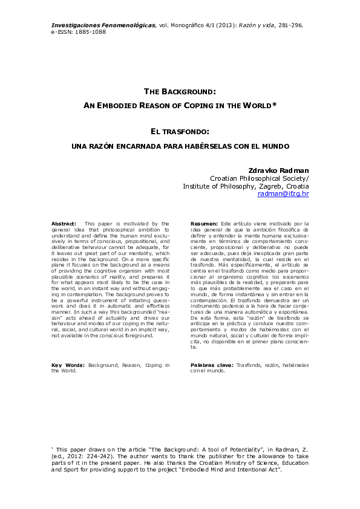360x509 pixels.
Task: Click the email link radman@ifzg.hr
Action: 283,194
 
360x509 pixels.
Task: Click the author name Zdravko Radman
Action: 279,170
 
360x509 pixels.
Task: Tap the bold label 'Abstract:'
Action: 64,224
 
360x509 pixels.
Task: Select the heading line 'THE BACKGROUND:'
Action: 180,91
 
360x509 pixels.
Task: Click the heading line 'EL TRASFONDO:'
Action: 180,131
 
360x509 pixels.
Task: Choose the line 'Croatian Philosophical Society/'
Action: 259,178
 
